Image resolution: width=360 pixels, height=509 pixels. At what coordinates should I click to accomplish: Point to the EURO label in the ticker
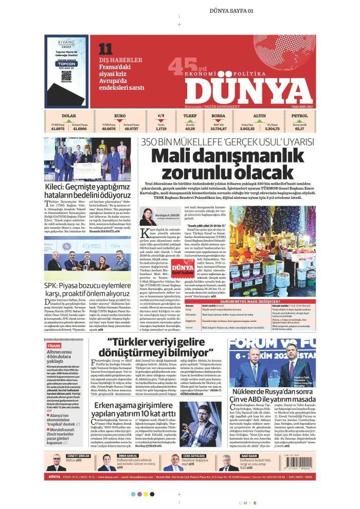tap(120, 116)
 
